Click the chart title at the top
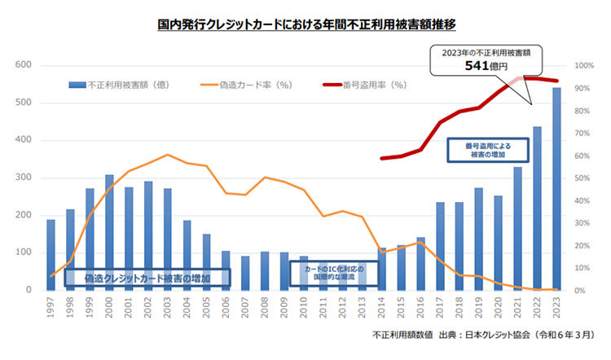(x=305, y=25)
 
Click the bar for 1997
(x=51, y=254)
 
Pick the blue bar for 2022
(x=537, y=209)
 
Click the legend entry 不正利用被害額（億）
(x=119, y=84)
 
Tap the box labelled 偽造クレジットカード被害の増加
(x=147, y=278)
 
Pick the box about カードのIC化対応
(x=328, y=274)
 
